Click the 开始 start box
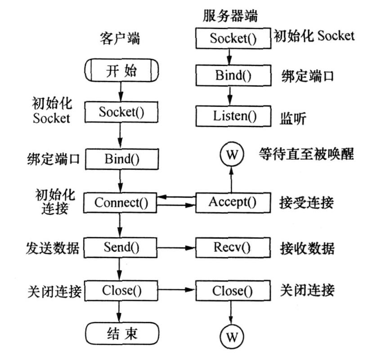tap(121, 71)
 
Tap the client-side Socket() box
tap(121, 112)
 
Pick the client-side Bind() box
tap(121, 159)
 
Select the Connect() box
tap(121, 202)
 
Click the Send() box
tap(121, 247)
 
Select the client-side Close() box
tap(121, 290)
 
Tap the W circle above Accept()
tap(231, 155)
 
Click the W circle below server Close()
tap(231, 336)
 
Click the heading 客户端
tap(119, 39)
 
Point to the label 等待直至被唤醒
tap(306, 154)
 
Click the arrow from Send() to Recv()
tap(176, 247)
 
